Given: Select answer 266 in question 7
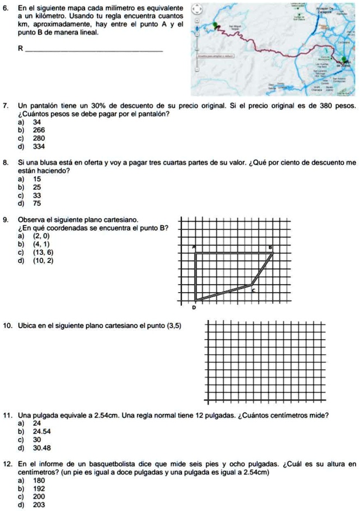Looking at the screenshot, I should pyautogui.click(x=39, y=131).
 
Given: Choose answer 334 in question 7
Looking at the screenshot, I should pyautogui.click(x=39, y=146).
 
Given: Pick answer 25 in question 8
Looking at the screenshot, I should pyautogui.click(x=37, y=187).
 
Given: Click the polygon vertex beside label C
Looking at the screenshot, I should pyautogui.click(x=252, y=284).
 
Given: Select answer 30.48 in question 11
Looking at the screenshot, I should pyautogui.click(x=42, y=448).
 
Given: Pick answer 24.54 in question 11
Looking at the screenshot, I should pyautogui.click(x=42, y=432).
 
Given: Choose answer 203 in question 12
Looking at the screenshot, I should pyautogui.click(x=39, y=504).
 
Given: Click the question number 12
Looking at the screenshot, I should pyautogui.click(x=8, y=464).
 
